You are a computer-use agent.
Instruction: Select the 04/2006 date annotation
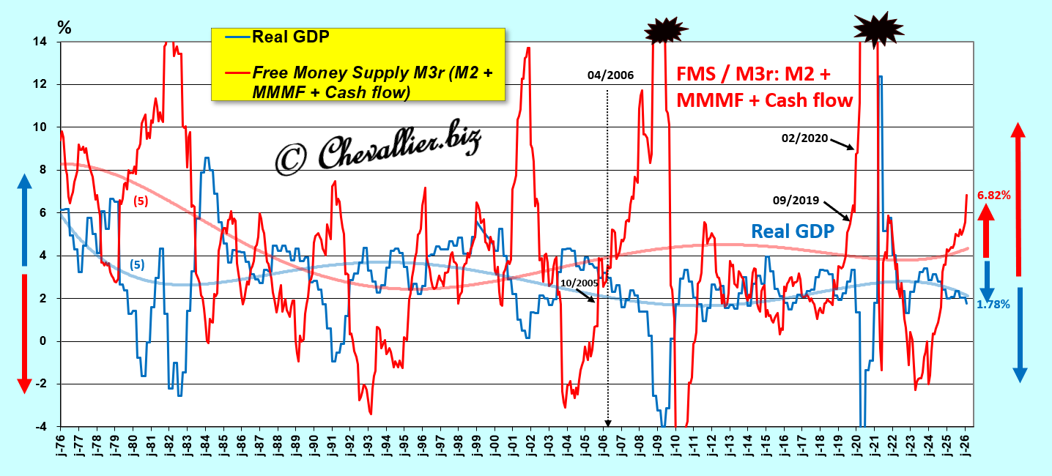[x=610, y=75]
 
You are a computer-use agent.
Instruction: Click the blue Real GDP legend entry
[x=289, y=37]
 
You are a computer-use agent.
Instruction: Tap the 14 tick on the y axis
[x=45, y=42]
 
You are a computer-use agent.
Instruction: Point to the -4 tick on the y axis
[x=45, y=426]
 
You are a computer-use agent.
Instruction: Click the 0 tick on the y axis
[x=47, y=341]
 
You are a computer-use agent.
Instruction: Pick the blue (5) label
[x=136, y=264]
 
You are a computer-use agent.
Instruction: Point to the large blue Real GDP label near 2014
[x=793, y=231]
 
